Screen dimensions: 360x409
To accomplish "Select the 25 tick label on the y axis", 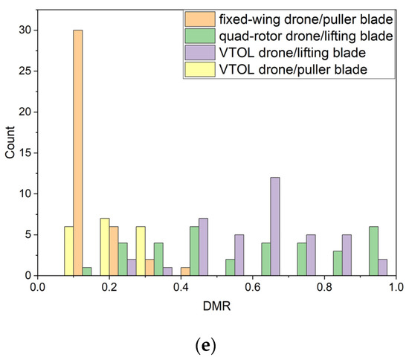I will tap(25, 71).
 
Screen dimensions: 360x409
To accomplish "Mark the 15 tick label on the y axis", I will tap(25, 153).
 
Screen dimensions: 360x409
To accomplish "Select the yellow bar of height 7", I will tap(105, 247).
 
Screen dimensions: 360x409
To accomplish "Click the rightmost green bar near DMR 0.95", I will tap(373, 251).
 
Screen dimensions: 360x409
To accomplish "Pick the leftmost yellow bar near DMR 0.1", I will tap(69, 251).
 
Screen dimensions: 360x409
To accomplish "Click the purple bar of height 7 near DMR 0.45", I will tap(203, 247).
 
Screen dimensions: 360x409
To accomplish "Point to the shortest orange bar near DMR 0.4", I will tap(185, 271).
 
